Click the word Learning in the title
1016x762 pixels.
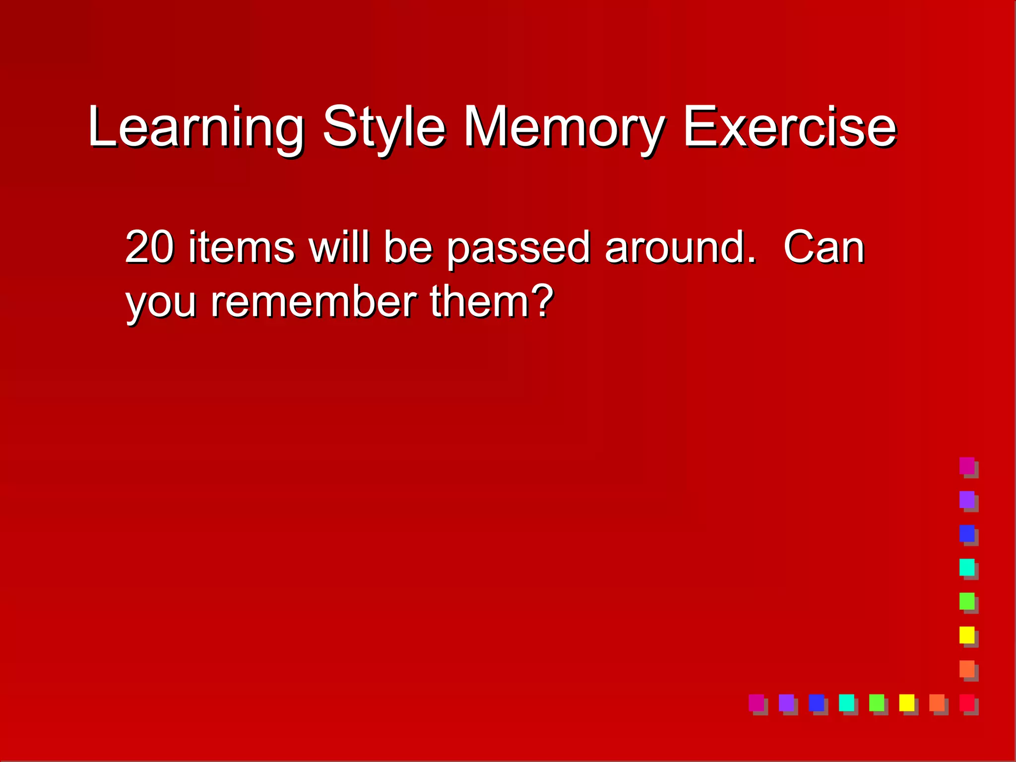196,127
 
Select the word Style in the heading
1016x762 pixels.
384,127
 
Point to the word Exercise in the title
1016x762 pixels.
790,127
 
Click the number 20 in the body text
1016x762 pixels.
149,247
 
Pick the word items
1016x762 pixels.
242,247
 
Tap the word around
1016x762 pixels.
681,247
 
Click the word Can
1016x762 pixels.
824,247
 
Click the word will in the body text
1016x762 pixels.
339,247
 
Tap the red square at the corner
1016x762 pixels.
967,702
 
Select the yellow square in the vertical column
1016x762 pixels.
967,635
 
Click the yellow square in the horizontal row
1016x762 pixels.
906,702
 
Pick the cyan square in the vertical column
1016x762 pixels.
967,567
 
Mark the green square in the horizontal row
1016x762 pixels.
877,702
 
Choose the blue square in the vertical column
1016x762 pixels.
967,533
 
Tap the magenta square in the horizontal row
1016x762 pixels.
756,702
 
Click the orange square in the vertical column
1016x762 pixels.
967,669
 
